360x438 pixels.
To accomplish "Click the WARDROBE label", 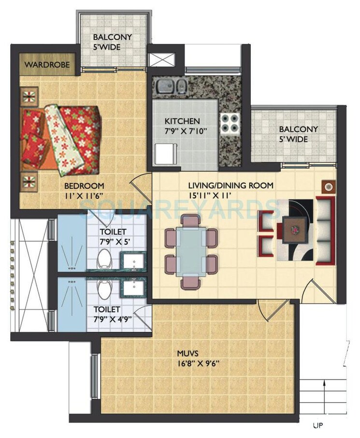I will coord(47,64).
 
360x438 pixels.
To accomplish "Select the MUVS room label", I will coord(188,353).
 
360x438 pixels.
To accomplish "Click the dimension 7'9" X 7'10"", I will coord(182,130).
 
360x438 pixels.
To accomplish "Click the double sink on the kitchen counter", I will coord(171,87).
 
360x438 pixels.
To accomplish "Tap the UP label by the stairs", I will coord(317,426).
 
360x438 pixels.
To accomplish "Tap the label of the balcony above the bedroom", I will coord(113,42).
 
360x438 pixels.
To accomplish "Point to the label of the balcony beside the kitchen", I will coord(298,134).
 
